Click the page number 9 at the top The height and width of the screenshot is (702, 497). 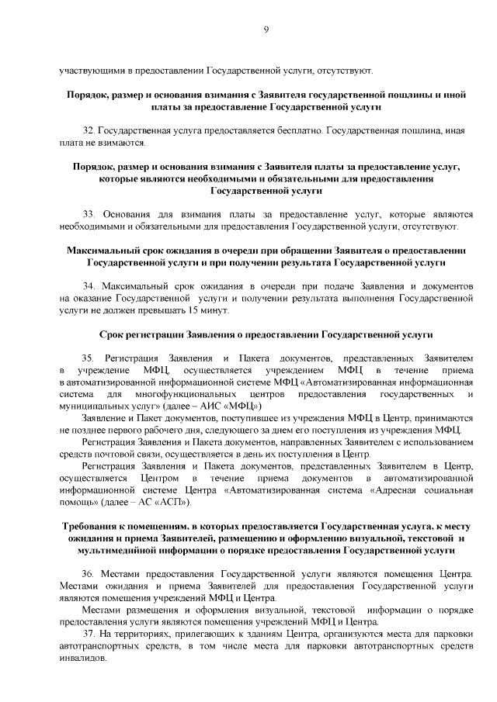(266, 30)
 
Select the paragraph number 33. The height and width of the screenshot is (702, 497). (87, 213)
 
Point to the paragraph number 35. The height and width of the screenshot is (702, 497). (87, 358)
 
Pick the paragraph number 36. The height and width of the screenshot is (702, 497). (87, 573)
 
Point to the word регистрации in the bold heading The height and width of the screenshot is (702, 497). (160, 334)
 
